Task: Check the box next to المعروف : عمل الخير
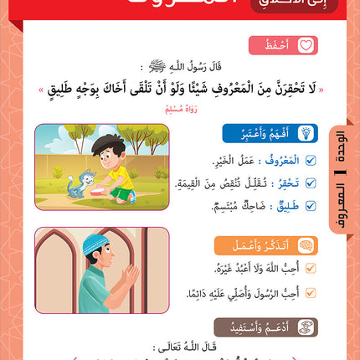tap(311, 162)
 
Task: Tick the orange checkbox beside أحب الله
tap(311, 270)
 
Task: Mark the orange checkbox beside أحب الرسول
tap(311, 292)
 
